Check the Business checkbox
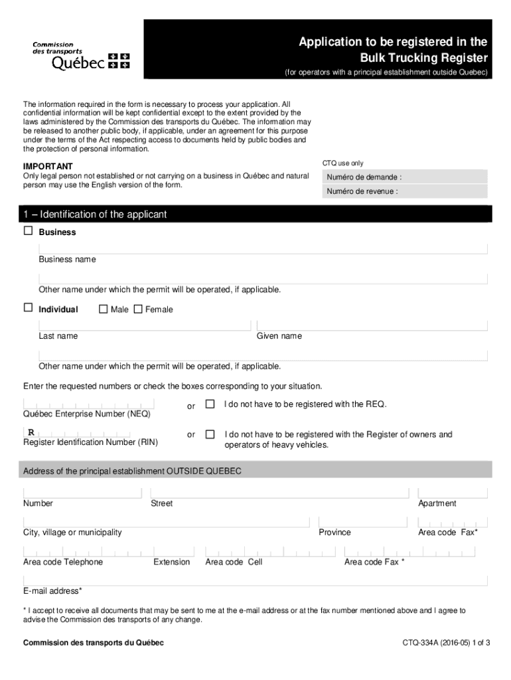pyautogui.click(x=28, y=231)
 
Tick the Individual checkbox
pyautogui.click(x=28, y=308)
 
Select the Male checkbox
pyautogui.click(x=103, y=309)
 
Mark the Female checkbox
pyautogui.click(x=138, y=309)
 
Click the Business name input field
pyautogui.click(x=263, y=248)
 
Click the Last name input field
pyautogui.click(x=145, y=325)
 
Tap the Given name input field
pyautogui.click(x=372, y=325)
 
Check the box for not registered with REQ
pyautogui.click(x=210, y=404)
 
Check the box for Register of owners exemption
pyautogui.click(x=210, y=434)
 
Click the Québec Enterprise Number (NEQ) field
pyautogui.click(x=89, y=404)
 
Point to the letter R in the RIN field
pyautogui.click(x=31, y=433)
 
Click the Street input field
pyautogui.click(x=279, y=493)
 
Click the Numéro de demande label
pyautogui.click(x=364, y=177)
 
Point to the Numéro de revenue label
pyautogui.click(x=362, y=191)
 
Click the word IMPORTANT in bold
pyautogui.click(x=48, y=166)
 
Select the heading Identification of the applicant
pyautogui.click(x=94, y=214)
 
